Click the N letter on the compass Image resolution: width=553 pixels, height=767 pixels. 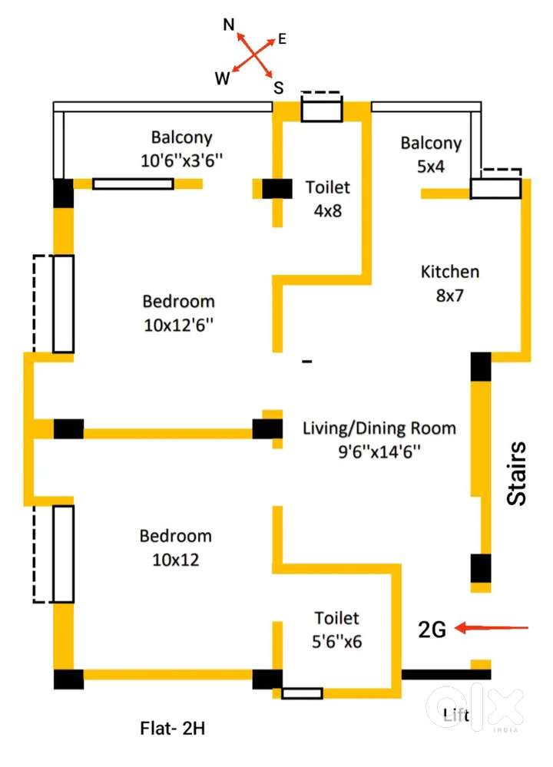(229, 25)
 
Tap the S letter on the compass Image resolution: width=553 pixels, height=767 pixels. (279, 88)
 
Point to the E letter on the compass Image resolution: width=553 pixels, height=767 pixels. (283, 38)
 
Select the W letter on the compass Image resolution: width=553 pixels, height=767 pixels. (222, 78)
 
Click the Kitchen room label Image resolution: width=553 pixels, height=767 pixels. (450, 272)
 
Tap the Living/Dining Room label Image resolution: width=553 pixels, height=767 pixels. (379, 428)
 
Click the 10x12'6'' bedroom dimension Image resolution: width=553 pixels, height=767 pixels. (179, 325)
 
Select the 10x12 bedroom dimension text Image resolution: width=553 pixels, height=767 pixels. (176, 560)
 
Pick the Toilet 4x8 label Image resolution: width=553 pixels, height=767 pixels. (327, 199)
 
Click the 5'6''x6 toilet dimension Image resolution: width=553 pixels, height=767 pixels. (337, 641)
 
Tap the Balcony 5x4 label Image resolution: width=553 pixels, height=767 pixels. (431, 154)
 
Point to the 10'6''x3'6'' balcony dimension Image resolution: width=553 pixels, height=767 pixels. (181, 160)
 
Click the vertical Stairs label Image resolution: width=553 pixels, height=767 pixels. (517, 473)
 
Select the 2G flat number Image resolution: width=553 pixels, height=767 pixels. (432, 630)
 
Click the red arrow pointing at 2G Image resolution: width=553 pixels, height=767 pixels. (492, 627)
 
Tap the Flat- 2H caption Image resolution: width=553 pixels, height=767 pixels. (172, 729)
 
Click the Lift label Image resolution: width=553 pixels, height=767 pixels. (456, 715)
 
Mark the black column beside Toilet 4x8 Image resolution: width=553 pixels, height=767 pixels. (277, 189)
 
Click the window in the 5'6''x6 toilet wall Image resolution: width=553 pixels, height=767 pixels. (302, 693)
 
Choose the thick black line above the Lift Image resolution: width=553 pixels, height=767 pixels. (445, 675)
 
